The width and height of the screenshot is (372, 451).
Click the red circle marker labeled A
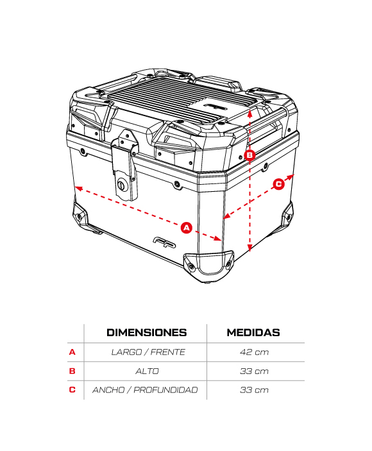pyautogui.click(x=187, y=228)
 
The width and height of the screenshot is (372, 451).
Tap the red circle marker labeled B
pyautogui.click(x=249, y=155)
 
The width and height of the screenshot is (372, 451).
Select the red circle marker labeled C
pyautogui.click(x=278, y=184)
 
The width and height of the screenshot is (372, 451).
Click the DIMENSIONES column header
pyautogui.click(x=147, y=332)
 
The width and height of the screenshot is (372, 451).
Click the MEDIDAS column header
pyautogui.click(x=253, y=332)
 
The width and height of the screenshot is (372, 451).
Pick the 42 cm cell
pyautogui.click(x=254, y=352)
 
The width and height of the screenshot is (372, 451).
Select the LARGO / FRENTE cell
pyautogui.click(x=148, y=352)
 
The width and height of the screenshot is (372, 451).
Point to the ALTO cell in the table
pyautogui.click(x=147, y=371)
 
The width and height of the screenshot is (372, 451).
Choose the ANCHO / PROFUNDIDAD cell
pyautogui.click(x=145, y=390)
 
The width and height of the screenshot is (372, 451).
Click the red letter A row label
pyautogui.click(x=72, y=352)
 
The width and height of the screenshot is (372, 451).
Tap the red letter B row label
pyautogui.click(x=72, y=371)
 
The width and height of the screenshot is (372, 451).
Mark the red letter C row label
pyautogui.click(x=72, y=390)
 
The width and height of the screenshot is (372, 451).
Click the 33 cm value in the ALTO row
pyautogui.click(x=254, y=371)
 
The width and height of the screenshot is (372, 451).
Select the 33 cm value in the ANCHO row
pyautogui.click(x=254, y=390)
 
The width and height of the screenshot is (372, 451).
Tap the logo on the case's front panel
pyautogui.click(x=164, y=243)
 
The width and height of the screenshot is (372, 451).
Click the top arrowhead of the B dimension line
pyautogui.click(x=250, y=113)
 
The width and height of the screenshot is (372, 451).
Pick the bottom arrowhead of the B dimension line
pyautogui.click(x=250, y=248)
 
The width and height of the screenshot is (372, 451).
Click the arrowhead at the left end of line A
pyautogui.click(x=78, y=189)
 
